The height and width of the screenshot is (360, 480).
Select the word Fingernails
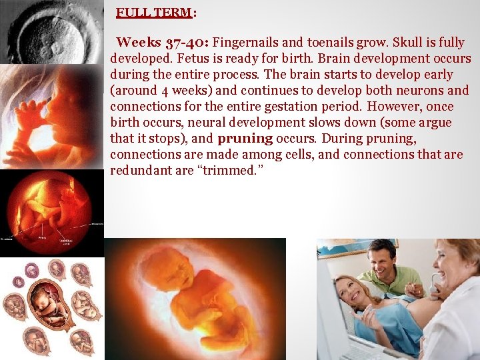point(245,43)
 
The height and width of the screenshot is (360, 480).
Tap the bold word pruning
point(245,139)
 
